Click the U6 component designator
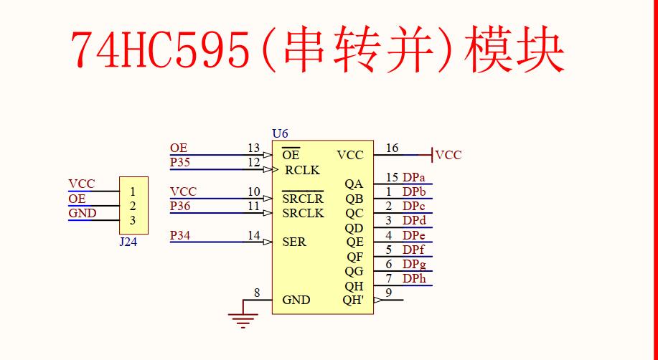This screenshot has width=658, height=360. point(280,133)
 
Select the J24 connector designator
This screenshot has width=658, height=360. point(128,242)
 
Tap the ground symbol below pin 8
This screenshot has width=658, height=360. point(244,318)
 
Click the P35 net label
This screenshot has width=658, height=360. point(180,163)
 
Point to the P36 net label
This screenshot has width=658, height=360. point(180,207)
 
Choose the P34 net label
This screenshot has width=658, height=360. point(180,235)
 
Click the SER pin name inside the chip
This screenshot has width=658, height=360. point(294,242)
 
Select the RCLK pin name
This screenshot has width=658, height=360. point(302,171)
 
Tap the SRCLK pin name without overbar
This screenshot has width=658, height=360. point(303,214)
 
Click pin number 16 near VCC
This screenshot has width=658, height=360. point(392,148)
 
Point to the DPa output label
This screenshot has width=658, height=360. point(413,177)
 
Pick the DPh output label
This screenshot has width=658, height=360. point(413,278)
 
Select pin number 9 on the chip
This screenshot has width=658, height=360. point(389,293)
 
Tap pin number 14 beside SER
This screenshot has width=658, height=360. point(254,235)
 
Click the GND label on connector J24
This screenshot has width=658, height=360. point(83,213)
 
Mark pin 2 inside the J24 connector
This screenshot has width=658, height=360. point(133,207)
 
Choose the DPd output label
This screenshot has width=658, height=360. point(413,220)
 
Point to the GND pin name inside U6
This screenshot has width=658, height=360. point(296,300)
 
